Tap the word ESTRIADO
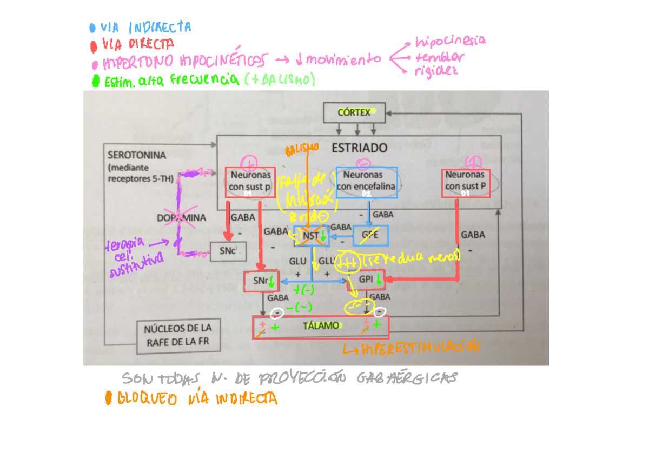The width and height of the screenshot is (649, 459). [x=360, y=148]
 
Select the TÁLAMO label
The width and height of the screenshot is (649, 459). [x=321, y=325]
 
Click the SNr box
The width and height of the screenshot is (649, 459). [x=261, y=281]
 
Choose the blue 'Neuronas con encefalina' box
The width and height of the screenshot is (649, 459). [x=366, y=181]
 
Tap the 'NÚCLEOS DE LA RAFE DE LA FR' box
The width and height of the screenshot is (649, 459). [x=178, y=335]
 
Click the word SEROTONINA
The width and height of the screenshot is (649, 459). [x=137, y=154]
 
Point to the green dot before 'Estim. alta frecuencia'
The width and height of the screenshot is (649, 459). [x=96, y=81]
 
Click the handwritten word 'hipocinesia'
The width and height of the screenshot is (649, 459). [x=449, y=41]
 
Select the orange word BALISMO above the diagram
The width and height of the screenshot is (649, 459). [x=303, y=148]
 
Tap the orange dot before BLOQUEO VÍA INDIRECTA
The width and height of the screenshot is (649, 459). [x=109, y=399]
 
